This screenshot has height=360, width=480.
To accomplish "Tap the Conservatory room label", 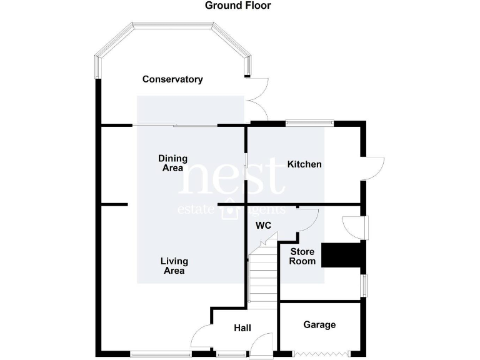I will (x=172, y=79).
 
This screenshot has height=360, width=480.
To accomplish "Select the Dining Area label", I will (x=172, y=163).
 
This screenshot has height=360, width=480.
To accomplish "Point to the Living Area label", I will (x=174, y=266).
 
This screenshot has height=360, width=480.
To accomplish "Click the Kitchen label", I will (x=304, y=164).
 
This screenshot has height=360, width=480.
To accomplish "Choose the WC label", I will (x=263, y=226).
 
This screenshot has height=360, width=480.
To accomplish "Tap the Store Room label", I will (x=302, y=256).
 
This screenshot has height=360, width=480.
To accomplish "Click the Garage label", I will (x=319, y=325).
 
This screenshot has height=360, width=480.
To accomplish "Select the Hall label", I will (x=242, y=328).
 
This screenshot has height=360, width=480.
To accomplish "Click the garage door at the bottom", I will (x=319, y=354).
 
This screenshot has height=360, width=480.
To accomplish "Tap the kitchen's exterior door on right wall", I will (x=373, y=167).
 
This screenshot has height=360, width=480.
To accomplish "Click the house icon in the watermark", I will (x=230, y=211).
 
